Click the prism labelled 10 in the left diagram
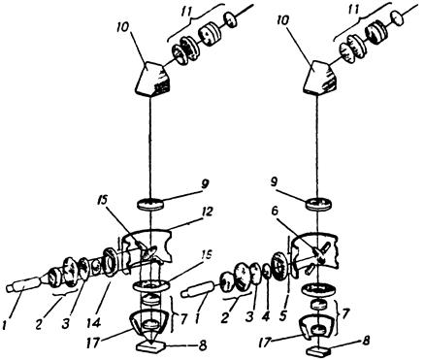(x=151, y=79)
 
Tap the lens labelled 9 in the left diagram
(x=150, y=205)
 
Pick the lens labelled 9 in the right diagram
(x=319, y=205)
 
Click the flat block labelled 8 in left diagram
(x=150, y=348)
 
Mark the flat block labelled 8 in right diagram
(x=318, y=350)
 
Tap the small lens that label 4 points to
(x=267, y=271)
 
